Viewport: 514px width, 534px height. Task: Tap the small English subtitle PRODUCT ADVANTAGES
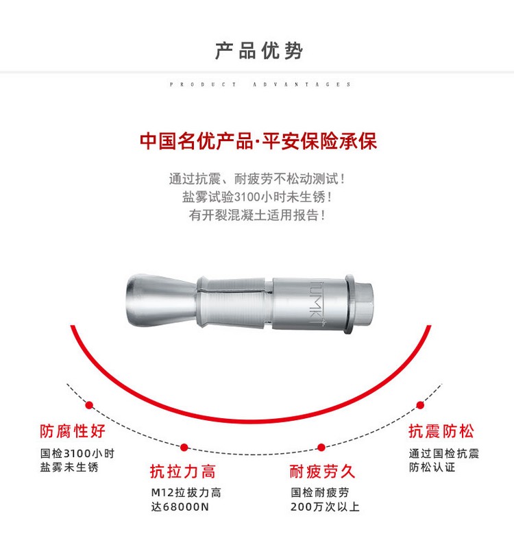point(260,84)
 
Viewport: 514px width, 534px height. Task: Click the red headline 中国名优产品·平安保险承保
point(258,141)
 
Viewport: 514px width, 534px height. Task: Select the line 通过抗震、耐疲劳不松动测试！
point(257,180)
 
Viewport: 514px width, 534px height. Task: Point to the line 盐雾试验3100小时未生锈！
point(257,197)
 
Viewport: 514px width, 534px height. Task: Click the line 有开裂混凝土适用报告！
point(257,215)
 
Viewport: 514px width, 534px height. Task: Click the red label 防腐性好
point(73,431)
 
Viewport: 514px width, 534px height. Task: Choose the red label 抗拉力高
point(183,471)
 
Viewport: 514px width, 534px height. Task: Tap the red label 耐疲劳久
point(323,471)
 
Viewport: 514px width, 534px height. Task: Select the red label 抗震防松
point(441,431)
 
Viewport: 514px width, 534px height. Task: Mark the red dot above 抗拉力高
point(184,448)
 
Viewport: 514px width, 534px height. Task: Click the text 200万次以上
point(325,507)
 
